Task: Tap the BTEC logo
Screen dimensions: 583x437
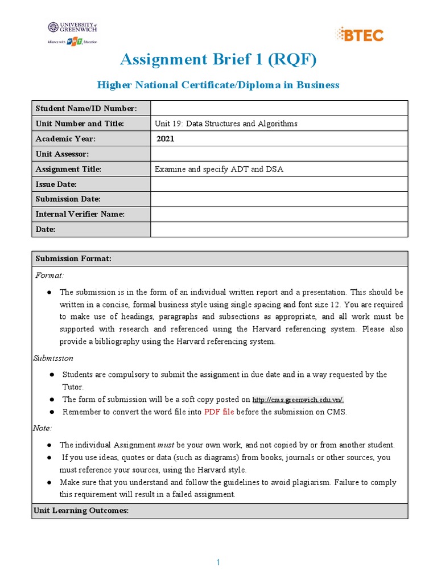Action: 361,35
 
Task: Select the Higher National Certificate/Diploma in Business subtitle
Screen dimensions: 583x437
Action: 218,85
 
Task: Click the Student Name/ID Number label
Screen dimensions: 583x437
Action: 86,108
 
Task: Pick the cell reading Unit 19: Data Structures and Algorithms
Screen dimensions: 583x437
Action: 226,124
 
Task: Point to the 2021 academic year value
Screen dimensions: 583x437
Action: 166,138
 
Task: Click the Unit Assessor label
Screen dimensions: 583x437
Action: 62,154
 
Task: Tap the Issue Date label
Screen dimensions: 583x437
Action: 56,184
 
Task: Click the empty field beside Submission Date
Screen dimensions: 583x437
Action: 279,199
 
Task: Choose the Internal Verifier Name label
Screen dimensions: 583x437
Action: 80,214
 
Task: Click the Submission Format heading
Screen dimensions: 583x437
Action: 73,258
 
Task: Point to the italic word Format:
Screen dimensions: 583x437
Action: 50,275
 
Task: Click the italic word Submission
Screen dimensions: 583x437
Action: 54,358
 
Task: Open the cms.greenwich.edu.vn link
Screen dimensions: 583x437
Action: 298,400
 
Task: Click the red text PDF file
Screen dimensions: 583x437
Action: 218,412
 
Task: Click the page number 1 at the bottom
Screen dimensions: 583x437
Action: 218,563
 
